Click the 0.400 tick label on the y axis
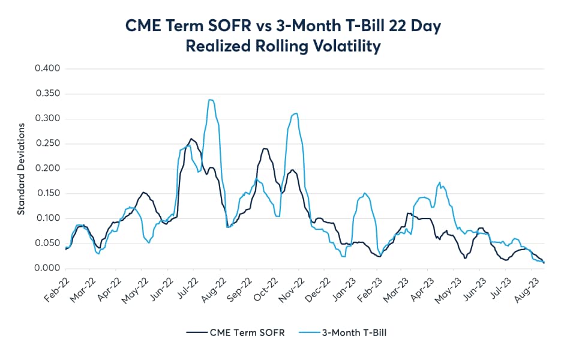[47, 68]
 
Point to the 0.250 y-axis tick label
[47, 143]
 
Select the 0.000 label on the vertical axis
[47, 268]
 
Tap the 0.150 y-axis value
[47, 193]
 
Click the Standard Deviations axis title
[20, 169]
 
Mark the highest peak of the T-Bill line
[210, 100]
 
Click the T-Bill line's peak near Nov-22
[295, 113]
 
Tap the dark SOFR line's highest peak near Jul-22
[191, 139]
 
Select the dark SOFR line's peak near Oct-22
[265, 148]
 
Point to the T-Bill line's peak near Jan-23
[365, 193]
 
